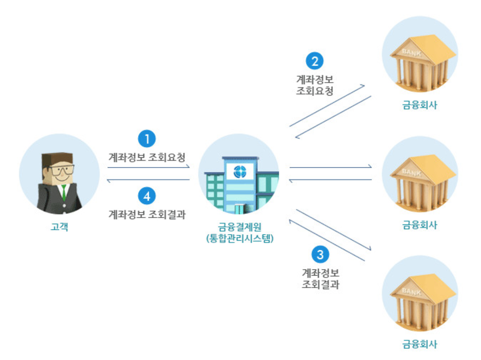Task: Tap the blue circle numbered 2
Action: [315, 60]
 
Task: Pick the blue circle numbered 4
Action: [147, 197]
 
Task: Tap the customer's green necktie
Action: [64, 192]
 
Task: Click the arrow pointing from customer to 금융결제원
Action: [149, 167]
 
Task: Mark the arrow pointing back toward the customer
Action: [149, 180]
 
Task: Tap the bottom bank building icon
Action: [420, 297]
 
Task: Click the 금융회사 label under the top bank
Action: [420, 105]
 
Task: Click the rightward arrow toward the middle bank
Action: [331, 167]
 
